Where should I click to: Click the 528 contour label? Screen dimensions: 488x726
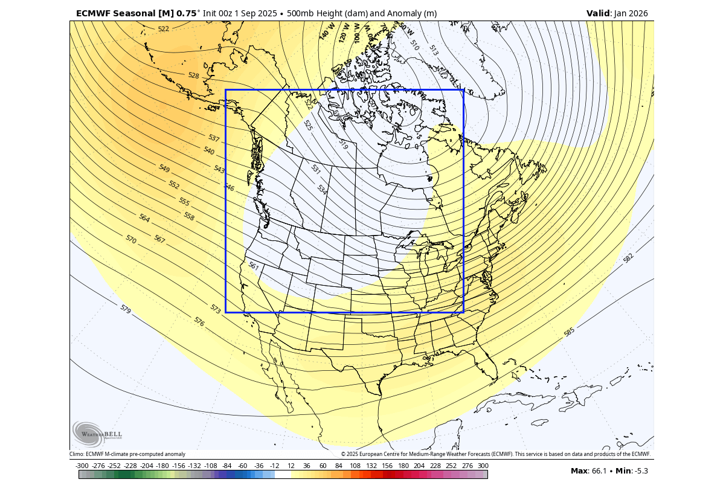pos(193,76)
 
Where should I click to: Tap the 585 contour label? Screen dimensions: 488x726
pos(569,332)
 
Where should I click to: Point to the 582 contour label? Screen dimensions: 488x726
pos(628,258)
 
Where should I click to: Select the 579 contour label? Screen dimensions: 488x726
pos(125,309)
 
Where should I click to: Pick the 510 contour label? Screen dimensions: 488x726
pos(414,44)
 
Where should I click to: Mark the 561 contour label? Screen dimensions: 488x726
pos(254,266)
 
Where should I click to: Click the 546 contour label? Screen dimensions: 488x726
pos(229,188)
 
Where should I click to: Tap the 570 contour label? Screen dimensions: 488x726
pos(131,239)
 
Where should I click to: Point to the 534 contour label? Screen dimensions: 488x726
pos(322,190)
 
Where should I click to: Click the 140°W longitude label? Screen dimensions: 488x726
pos(327,31)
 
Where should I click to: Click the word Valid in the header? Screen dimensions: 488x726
pos(598,13)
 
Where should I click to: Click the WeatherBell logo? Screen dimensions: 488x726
pos(97,434)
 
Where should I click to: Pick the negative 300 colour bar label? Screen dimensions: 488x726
pos(82,466)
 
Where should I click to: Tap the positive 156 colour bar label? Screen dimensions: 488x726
pos(387,466)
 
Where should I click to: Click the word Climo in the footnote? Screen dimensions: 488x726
pos(76,454)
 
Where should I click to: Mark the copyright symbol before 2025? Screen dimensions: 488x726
pos(343,454)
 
